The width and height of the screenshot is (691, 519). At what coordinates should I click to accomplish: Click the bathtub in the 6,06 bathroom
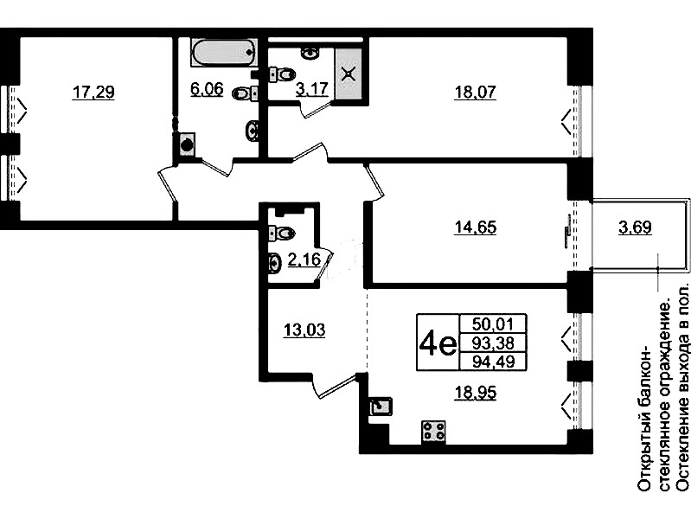[x=223, y=53]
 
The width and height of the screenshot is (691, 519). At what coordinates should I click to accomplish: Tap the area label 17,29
[x=93, y=93]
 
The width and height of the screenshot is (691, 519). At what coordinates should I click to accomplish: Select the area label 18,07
[x=475, y=93]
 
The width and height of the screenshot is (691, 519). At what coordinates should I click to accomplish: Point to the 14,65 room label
[x=475, y=227]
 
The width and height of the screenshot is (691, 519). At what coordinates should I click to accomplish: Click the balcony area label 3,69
[x=635, y=227]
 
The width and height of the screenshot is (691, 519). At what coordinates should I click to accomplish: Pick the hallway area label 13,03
[x=304, y=330]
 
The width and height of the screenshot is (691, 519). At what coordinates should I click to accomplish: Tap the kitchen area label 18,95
[x=475, y=392]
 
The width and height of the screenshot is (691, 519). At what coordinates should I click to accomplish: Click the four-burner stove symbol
[x=433, y=432]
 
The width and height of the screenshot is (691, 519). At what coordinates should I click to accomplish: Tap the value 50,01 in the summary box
[x=493, y=324]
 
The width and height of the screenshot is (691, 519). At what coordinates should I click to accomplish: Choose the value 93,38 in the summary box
[x=493, y=343]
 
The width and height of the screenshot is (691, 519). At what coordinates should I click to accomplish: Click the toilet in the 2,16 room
[x=281, y=232]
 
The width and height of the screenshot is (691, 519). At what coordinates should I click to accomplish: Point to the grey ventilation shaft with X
[x=349, y=74]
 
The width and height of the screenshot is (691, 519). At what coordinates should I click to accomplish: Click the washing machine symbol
[x=187, y=144]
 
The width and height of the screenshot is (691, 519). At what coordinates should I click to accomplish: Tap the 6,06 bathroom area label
[x=207, y=88]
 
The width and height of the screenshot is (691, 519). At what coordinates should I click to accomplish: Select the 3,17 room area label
[x=312, y=88]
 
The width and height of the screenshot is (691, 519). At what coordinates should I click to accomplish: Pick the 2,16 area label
[x=304, y=259]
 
